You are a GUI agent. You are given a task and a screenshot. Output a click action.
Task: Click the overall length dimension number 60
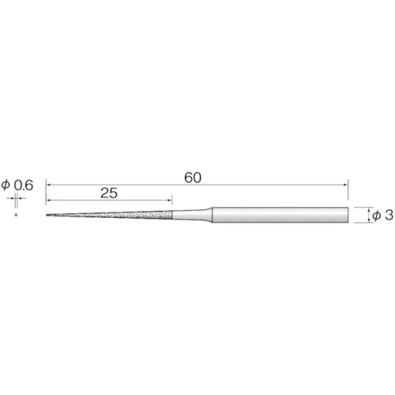tap(193, 178)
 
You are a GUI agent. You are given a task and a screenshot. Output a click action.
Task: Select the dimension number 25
tap(109, 193)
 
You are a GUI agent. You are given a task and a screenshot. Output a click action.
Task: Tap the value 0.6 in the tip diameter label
tap(23, 186)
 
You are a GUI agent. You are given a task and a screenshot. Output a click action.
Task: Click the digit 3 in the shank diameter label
tap(389, 216)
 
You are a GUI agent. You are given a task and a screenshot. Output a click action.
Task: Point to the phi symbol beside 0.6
tap(6, 185)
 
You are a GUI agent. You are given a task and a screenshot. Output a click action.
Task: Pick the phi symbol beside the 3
tap(376, 216)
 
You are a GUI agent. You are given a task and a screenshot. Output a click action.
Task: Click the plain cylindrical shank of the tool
tap(280, 215)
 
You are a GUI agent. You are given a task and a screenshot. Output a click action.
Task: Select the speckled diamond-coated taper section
tap(109, 215)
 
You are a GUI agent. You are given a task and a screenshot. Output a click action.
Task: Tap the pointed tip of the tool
tap(47, 215)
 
